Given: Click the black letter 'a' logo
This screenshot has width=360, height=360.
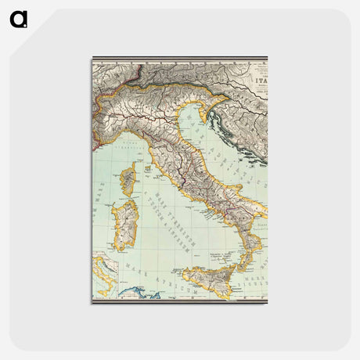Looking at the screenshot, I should point(19,19).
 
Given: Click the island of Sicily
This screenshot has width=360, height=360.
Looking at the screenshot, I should point(211,279).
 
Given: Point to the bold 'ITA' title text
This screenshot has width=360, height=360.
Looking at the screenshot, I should point(258,79).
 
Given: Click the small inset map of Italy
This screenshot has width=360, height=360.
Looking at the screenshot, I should point(104,275).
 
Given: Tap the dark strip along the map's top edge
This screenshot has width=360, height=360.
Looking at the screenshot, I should point(180,59).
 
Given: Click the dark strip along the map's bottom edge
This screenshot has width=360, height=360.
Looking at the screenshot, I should point(180,301).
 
